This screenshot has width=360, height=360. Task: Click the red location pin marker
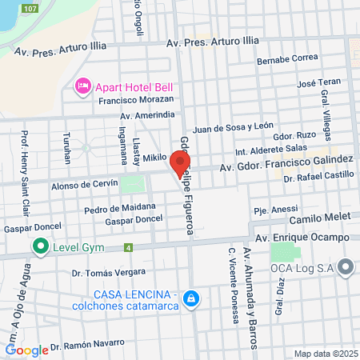tap(176, 164)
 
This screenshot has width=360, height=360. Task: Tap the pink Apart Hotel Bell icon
tap(82, 86)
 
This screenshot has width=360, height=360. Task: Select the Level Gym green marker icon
tap(38, 246)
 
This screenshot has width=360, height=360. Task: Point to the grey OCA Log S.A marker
tap(346, 267)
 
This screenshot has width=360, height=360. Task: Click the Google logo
tap(26, 350)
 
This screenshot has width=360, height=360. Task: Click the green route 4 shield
tap(129, 247)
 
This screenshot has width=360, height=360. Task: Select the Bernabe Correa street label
tap(288, 59)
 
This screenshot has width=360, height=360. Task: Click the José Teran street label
tap(318, 82)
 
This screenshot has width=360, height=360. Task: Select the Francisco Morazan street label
tap(136, 99)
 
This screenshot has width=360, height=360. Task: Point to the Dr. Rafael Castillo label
tap(318, 174)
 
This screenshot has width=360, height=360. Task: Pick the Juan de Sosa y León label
tap(233, 126)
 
